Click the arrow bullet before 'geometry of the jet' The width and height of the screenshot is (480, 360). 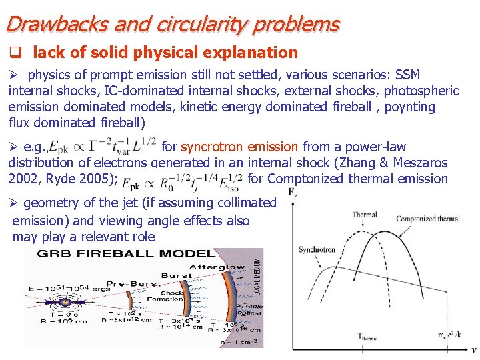coord(15,203)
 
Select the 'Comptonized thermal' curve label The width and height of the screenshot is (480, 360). coord(427,219)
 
